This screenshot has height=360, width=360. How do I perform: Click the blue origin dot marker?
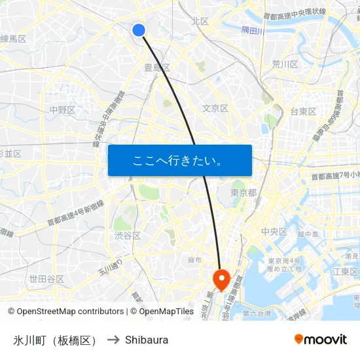tap(139, 29)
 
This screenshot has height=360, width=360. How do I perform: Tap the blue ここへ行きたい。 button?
tap(179, 160)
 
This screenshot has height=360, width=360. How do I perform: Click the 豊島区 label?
tap(157, 67)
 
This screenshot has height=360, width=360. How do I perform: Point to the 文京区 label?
tap(215, 108)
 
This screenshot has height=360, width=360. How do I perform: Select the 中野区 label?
tap(62, 109)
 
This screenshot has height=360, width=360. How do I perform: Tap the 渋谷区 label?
tap(127, 236)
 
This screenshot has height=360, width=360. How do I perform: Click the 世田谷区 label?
tap(46, 279)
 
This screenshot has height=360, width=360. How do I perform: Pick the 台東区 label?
tap(303, 111)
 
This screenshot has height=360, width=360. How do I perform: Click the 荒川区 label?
tap(285, 64)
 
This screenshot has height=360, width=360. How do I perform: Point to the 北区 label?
tap(200, 22)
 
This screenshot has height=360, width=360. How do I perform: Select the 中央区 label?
tap(274, 232)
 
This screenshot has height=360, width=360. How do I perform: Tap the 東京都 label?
tap(243, 192)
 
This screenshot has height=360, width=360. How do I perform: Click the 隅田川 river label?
tap(252, 30)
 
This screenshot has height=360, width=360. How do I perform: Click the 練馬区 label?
tap(13, 39)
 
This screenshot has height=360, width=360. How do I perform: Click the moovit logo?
tap(321, 339)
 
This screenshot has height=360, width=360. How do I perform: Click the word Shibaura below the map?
tap(147, 340)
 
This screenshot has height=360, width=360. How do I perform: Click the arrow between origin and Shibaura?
tap(113, 340)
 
